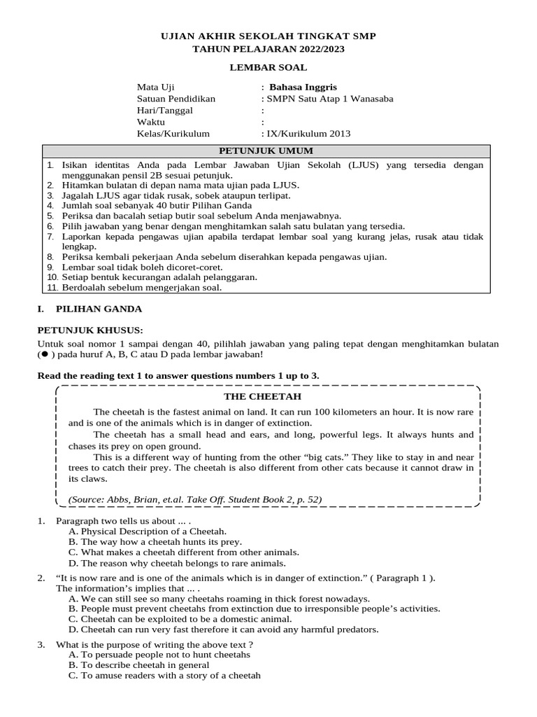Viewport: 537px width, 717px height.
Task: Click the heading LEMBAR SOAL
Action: tap(268, 67)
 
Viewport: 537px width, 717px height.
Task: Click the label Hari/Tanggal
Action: tap(164, 110)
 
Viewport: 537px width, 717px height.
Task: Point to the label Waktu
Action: tap(150, 122)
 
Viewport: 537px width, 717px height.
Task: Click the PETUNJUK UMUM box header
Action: tap(266, 151)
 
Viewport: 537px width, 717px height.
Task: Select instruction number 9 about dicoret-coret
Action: tap(142, 267)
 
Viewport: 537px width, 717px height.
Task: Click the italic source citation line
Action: tap(194, 499)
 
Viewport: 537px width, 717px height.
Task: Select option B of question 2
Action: tap(254, 608)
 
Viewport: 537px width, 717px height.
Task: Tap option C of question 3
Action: tap(164, 676)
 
